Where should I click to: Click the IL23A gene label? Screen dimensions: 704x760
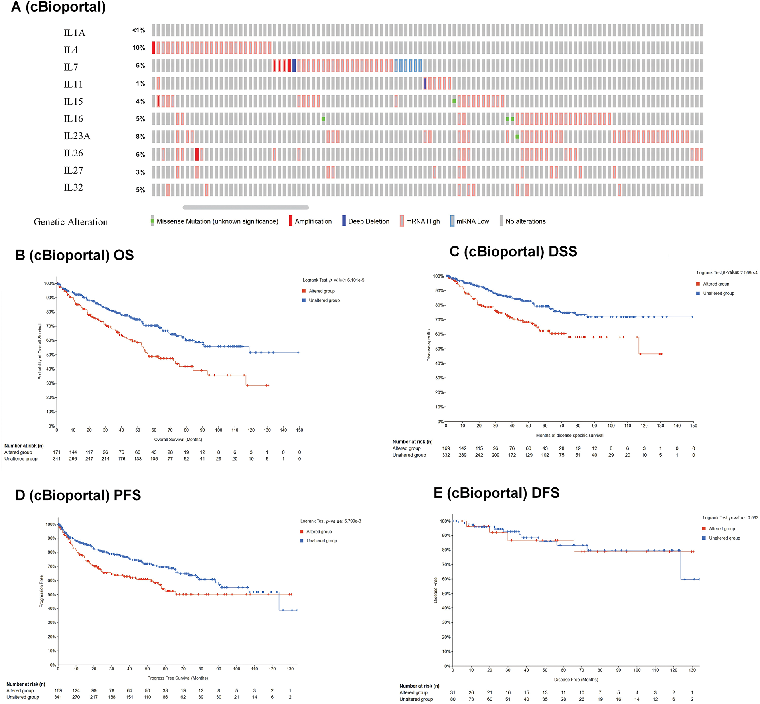point(77,136)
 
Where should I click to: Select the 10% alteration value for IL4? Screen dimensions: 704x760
point(138,48)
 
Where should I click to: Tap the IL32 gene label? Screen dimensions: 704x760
point(73,187)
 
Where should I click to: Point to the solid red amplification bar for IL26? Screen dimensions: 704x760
point(197,154)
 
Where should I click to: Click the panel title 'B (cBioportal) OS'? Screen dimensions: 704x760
point(74,255)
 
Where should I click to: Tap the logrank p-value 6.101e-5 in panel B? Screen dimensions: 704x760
point(355,280)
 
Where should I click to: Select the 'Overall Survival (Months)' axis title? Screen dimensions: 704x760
point(178,440)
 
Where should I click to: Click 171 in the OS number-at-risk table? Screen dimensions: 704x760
point(57,452)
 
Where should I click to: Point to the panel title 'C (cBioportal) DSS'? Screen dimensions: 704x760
point(513,252)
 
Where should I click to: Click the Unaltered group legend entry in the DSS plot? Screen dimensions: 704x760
point(718,293)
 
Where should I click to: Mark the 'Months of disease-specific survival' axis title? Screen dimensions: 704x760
point(569,435)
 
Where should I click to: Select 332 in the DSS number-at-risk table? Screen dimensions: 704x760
point(446,455)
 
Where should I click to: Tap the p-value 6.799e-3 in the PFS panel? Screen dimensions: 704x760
point(353,521)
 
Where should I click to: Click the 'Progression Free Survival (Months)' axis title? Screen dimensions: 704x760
point(178,678)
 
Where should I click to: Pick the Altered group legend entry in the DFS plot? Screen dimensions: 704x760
point(721,529)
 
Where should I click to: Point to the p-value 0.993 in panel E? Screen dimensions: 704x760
point(753,518)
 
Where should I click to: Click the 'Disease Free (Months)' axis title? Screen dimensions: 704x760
point(576,680)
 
